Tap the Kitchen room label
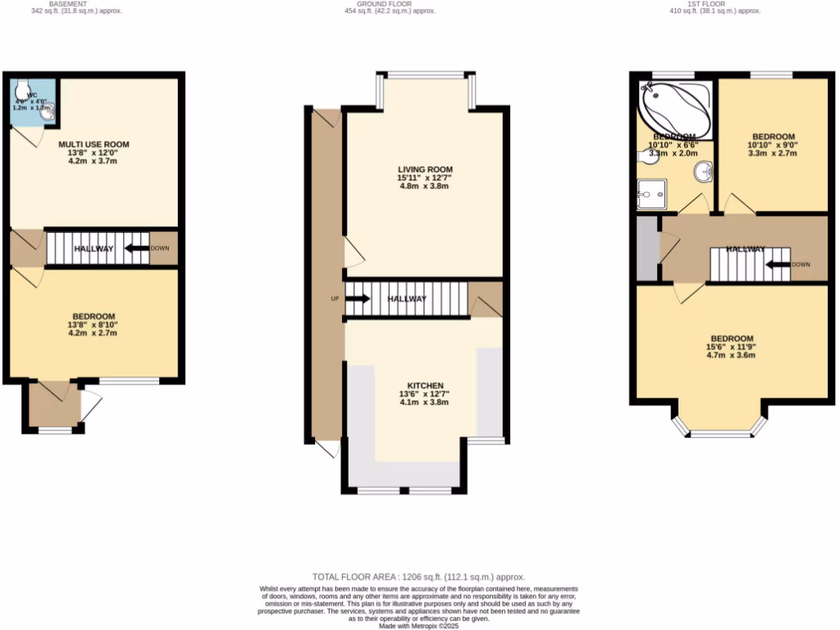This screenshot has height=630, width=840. [425, 386]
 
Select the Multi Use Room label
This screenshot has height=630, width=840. [94, 144]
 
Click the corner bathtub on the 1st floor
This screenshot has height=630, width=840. [674, 107]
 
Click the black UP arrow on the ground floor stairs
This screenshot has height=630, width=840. [358, 299]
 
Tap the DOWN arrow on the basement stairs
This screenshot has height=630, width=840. [137, 248]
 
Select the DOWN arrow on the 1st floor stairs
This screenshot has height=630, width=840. [778, 264]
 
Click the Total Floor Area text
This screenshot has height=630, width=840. [418, 577]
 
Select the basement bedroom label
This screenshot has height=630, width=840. [94, 316]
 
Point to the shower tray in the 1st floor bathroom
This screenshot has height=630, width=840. [653, 196]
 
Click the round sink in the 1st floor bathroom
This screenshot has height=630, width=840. [703, 172]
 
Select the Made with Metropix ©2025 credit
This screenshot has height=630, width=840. [418, 626]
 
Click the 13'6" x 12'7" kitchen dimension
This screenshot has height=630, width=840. [425, 395]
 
